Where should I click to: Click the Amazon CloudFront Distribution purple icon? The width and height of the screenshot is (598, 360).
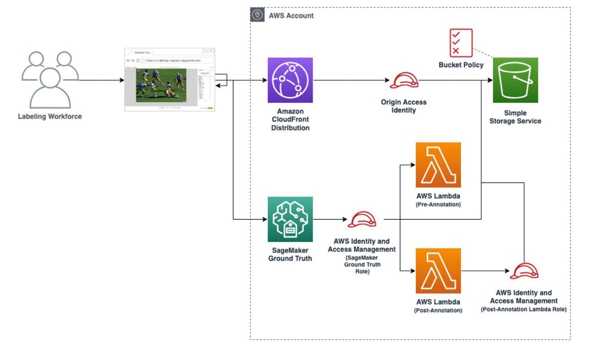[290, 80]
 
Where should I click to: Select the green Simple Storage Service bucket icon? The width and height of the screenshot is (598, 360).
[515, 80]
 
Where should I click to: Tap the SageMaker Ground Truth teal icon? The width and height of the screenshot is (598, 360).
[290, 219]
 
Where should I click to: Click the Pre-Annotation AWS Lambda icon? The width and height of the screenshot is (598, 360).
[438, 165]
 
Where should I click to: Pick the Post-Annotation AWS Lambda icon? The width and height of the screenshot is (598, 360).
[438, 271]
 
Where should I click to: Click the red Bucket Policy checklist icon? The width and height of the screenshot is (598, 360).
[461, 43]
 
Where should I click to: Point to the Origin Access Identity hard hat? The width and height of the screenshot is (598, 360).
[404, 81]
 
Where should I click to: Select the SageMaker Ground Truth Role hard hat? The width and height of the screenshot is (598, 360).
[362, 219]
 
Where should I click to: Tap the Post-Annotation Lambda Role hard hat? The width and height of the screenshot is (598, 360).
[524, 271]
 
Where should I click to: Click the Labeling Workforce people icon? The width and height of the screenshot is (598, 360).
[50, 80]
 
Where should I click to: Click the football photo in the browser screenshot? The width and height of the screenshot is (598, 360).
[160, 85]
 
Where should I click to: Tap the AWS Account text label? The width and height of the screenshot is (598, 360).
[291, 15]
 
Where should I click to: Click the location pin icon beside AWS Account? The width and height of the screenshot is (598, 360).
[257, 15]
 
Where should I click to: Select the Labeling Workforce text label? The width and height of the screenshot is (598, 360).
[50, 117]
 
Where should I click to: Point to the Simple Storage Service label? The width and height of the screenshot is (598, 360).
[515, 117]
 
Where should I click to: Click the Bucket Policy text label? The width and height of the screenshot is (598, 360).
[461, 65]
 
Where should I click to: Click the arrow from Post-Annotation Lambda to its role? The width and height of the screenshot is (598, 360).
[486, 271]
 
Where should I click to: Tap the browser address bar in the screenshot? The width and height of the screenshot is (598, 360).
[177, 60]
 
